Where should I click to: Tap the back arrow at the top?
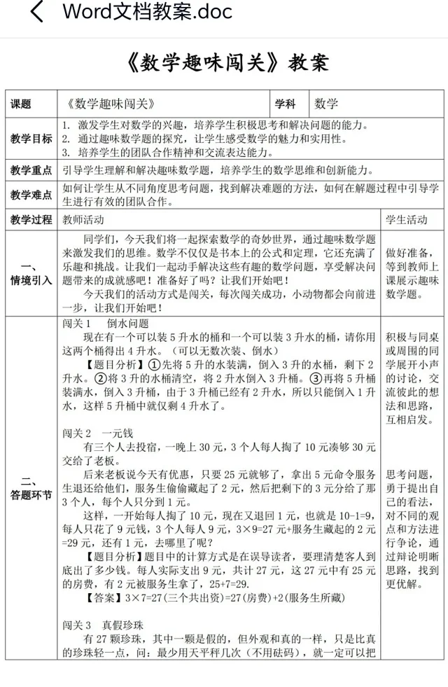pyautogui.click(x=36, y=12)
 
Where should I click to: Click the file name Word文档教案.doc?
pyautogui.click(x=147, y=12)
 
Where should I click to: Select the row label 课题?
pyautogui.click(x=22, y=104)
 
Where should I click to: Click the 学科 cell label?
pyautogui.click(x=286, y=104)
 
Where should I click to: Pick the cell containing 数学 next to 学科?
pyautogui.click(x=327, y=104)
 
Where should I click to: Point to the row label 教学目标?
pyautogui.click(x=31, y=139)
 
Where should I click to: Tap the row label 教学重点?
pyautogui.click(x=31, y=170)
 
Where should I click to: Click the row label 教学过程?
pyautogui.click(x=31, y=220)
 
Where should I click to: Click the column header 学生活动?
pyautogui.click(x=406, y=220)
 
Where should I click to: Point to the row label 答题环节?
pyautogui.click(x=31, y=489)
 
